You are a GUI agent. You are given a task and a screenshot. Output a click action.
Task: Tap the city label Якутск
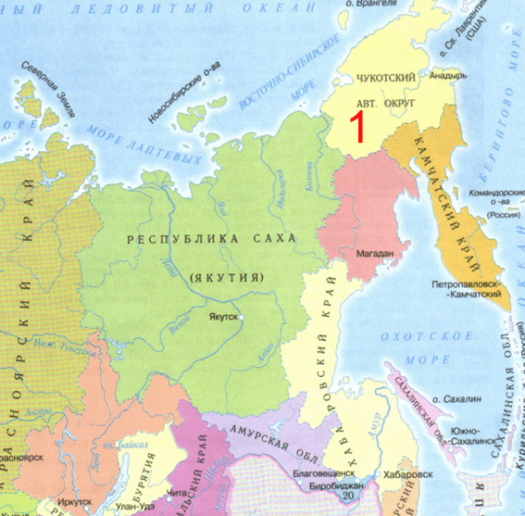(224, 316)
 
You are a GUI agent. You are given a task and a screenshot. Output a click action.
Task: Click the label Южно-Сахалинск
(472, 435)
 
